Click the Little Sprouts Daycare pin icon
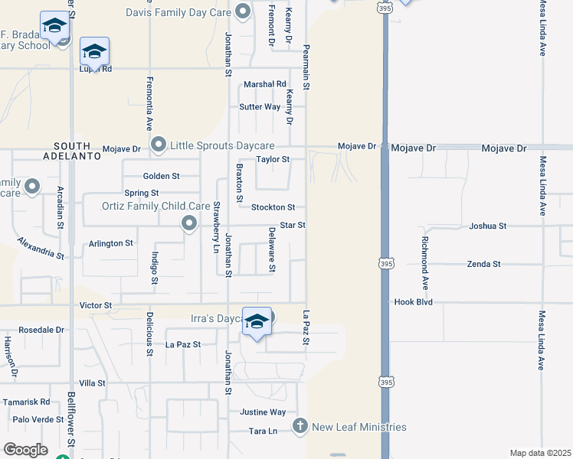point(159,145)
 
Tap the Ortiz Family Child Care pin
point(189,223)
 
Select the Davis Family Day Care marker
point(243,11)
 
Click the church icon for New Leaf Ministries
point(300,425)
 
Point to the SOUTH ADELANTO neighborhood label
point(77,150)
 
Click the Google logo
point(25,450)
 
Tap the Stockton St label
point(273,207)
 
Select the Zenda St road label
point(483,264)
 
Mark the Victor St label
point(96,305)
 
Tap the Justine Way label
point(263,412)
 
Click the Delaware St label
point(272,250)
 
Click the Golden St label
point(161,176)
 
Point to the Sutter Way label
point(260,107)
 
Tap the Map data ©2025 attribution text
point(540,453)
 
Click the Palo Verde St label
point(38,419)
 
